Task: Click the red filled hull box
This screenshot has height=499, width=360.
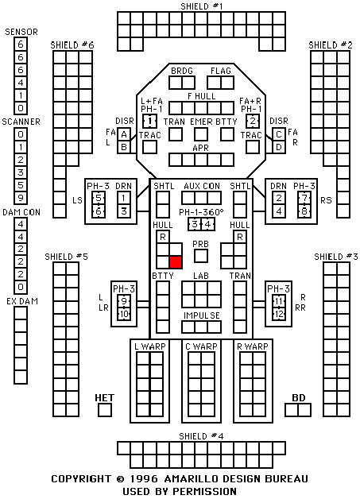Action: [176, 262]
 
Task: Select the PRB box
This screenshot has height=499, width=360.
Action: [201, 256]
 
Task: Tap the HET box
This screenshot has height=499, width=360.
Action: [105, 410]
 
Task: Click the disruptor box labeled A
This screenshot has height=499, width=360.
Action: [124, 134]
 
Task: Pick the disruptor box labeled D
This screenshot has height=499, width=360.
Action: [279, 147]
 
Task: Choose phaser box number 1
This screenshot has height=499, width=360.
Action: [149, 122]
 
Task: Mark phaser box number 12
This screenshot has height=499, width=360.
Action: [279, 314]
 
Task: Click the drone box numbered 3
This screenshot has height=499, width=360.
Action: [124, 211]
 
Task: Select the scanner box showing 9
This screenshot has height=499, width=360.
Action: [21, 198]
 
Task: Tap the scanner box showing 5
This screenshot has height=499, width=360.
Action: [21, 185]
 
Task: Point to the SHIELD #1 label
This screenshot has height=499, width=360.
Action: [202, 6]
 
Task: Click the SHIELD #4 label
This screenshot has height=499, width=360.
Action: [202, 436]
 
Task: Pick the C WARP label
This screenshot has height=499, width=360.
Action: [202, 346]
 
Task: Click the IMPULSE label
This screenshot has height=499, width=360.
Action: [202, 315]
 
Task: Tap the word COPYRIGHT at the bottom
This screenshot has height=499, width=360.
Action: [82, 479]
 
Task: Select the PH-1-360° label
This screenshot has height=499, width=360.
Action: [201, 212]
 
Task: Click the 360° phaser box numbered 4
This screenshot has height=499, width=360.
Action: [208, 224]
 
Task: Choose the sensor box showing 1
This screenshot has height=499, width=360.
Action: [21, 95]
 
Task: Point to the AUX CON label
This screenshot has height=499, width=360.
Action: [202, 186]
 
